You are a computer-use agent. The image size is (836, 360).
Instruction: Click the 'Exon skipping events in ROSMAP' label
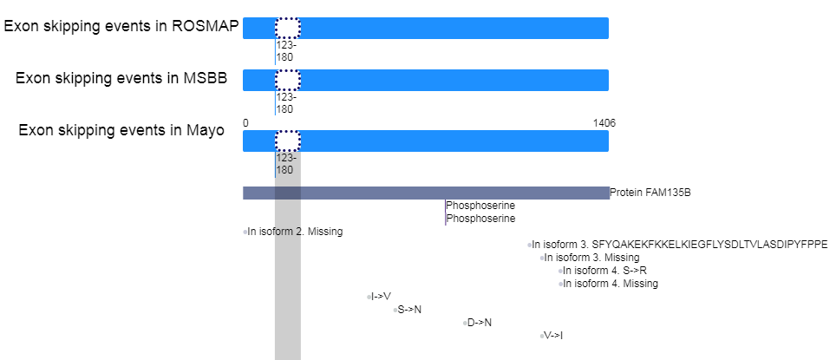(x=121, y=26)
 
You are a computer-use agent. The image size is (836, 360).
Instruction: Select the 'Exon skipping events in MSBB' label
(x=121, y=78)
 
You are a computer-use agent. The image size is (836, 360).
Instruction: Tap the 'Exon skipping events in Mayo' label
(x=121, y=130)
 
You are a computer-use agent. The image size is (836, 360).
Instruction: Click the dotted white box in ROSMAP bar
(x=288, y=29)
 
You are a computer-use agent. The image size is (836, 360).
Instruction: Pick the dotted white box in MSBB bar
(x=288, y=80)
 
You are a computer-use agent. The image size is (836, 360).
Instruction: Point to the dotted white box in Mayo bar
(x=288, y=141)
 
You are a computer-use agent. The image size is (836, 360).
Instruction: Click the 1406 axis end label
(x=604, y=123)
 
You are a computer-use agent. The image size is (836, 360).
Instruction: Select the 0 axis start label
(x=245, y=123)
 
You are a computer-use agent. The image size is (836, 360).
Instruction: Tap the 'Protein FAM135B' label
(x=650, y=193)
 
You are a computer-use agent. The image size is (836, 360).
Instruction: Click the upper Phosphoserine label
(x=480, y=206)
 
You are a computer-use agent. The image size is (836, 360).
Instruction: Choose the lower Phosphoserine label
(x=480, y=218)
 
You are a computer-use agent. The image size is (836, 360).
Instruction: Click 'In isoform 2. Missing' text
(x=296, y=232)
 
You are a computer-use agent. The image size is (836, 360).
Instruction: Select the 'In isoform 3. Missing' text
(x=591, y=258)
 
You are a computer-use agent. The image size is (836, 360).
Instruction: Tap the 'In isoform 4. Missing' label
(x=611, y=283)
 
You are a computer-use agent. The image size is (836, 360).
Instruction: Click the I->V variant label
(x=382, y=297)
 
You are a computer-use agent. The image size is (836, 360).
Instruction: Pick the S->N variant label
(x=409, y=310)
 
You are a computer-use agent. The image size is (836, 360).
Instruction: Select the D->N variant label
(x=480, y=322)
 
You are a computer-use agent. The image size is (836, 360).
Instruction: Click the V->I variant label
(x=553, y=336)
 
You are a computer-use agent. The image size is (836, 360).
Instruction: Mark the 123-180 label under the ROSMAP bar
(x=286, y=51)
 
